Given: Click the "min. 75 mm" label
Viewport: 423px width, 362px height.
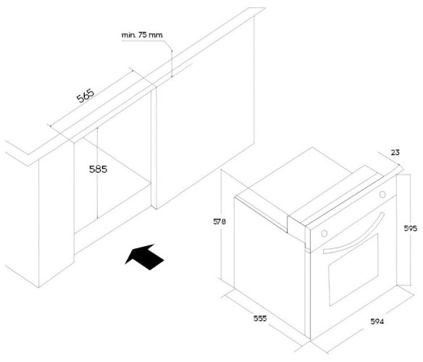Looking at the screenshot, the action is (x=142, y=35).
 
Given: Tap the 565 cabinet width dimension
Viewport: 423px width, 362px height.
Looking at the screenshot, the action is (x=85, y=96).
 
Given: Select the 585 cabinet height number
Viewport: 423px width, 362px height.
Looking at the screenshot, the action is (x=99, y=169).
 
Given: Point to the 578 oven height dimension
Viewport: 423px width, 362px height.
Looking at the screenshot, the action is (x=219, y=222).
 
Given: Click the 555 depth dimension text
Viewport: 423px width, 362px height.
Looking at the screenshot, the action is (x=260, y=319).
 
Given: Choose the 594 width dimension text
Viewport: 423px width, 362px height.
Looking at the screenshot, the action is (x=377, y=321).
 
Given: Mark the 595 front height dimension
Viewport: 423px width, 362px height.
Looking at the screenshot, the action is (x=410, y=229).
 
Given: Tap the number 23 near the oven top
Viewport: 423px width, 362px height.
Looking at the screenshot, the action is (x=395, y=153).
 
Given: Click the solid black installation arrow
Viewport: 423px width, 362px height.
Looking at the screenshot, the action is (x=145, y=256).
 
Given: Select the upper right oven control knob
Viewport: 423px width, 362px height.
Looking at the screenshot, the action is (x=382, y=194).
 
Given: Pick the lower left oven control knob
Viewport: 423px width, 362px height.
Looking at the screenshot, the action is (x=324, y=233).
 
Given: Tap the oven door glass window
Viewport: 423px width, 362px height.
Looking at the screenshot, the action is (x=353, y=270).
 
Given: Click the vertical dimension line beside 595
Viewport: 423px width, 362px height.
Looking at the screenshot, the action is (x=410, y=205).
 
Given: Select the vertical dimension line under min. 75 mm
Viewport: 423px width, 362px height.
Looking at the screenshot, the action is (x=172, y=64).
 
